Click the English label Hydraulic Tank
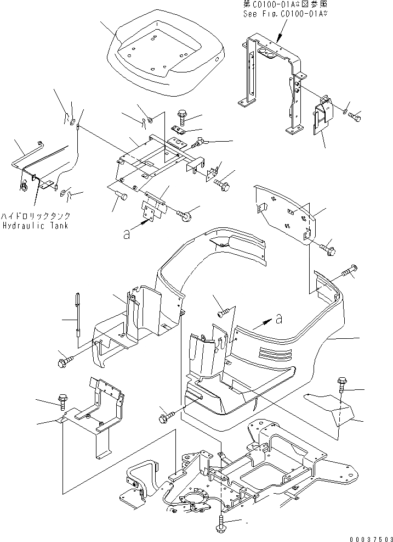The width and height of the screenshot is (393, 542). coord(35,226)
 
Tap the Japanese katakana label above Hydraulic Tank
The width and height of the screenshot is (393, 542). coord(36,216)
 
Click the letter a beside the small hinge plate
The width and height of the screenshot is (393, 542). coord(127,233)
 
